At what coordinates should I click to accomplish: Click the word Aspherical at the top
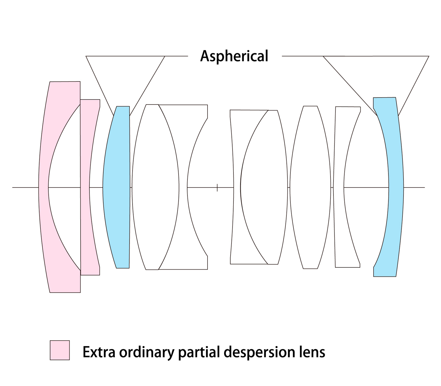pos(234,56)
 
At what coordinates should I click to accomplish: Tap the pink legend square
pos(60,350)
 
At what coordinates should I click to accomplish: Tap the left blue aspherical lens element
pos(117,187)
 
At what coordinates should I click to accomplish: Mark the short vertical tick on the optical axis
pos(217,188)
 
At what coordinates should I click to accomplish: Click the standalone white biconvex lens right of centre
pos(310,187)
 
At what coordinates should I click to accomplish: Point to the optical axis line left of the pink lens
pos(25,187)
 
